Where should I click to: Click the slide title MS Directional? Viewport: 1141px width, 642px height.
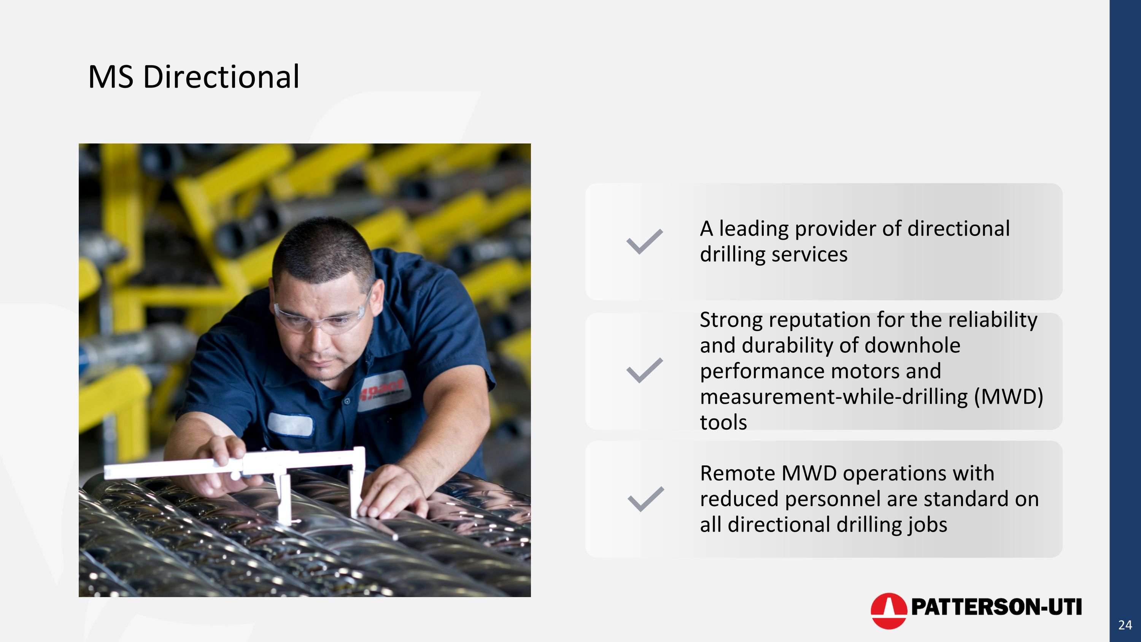tap(194, 76)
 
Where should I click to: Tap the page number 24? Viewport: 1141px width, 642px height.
tap(1125, 625)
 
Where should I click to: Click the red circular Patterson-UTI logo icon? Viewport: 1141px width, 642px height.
tap(888, 610)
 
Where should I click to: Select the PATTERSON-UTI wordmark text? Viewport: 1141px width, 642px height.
tap(996, 607)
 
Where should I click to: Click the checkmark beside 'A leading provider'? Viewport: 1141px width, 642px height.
tap(644, 242)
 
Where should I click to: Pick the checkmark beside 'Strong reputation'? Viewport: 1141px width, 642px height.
tap(644, 370)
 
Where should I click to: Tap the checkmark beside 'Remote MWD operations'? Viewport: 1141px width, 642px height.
tap(645, 499)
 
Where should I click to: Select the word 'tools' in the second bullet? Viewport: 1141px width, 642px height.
tap(723, 422)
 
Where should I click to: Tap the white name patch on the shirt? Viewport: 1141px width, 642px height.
tap(291, 424)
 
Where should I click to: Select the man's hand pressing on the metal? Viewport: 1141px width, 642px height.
tap(390, 492)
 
